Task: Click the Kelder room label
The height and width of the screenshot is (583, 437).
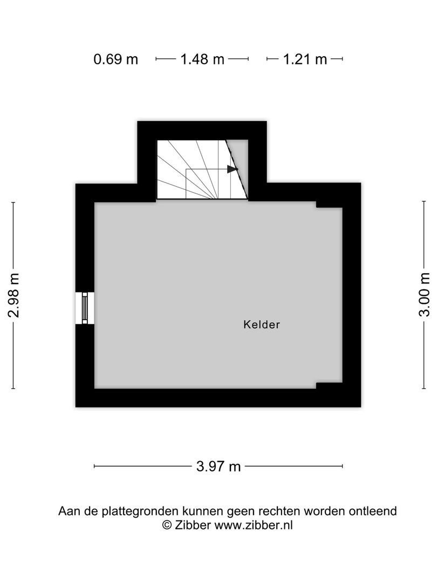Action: (262, 324)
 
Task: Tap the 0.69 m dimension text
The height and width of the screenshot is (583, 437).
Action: (116, 59)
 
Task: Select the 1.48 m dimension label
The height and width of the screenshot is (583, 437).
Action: (202, 59)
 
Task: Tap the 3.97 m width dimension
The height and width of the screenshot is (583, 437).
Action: (218, 466)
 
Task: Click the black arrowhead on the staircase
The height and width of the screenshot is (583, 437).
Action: (232, 169)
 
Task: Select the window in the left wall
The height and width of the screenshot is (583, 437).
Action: (85, 308)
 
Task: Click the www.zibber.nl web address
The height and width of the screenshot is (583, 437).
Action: (254, 525)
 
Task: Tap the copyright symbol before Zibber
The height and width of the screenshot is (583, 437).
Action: (167, 525)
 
